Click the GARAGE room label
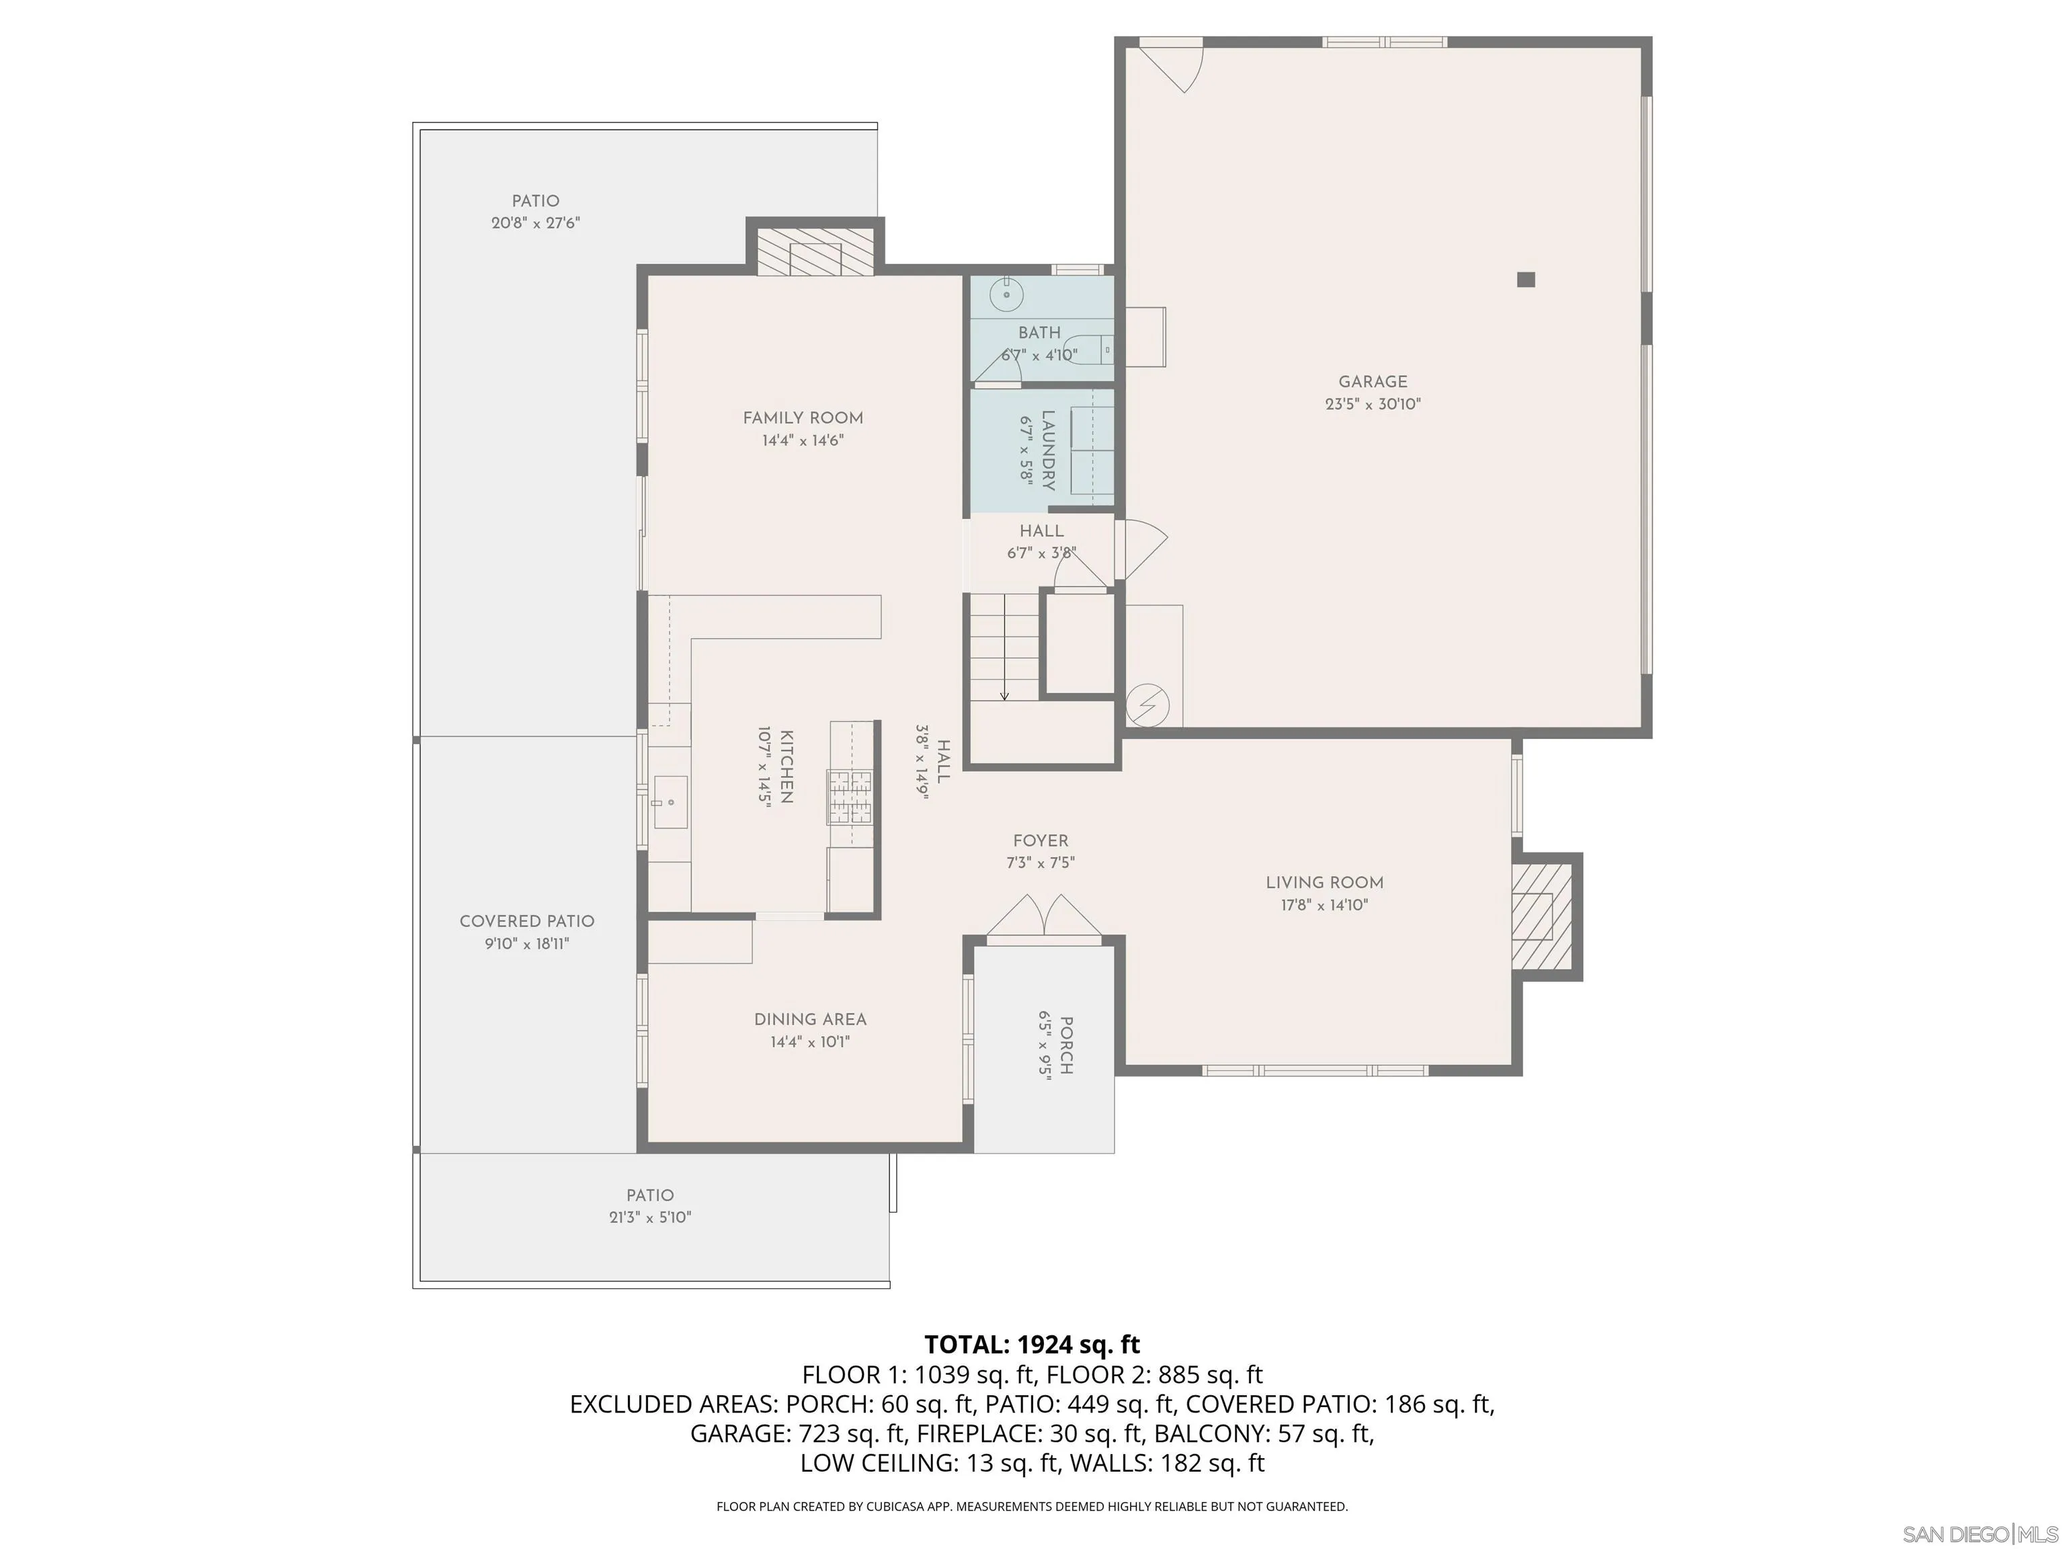1373,382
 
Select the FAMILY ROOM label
803,418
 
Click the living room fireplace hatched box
1541,916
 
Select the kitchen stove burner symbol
850,797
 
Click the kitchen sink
670,802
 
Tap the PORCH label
1066,1045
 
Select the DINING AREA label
810,1020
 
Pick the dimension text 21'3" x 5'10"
650,1218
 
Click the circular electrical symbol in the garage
1147,705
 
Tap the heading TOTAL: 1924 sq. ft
1032,1345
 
